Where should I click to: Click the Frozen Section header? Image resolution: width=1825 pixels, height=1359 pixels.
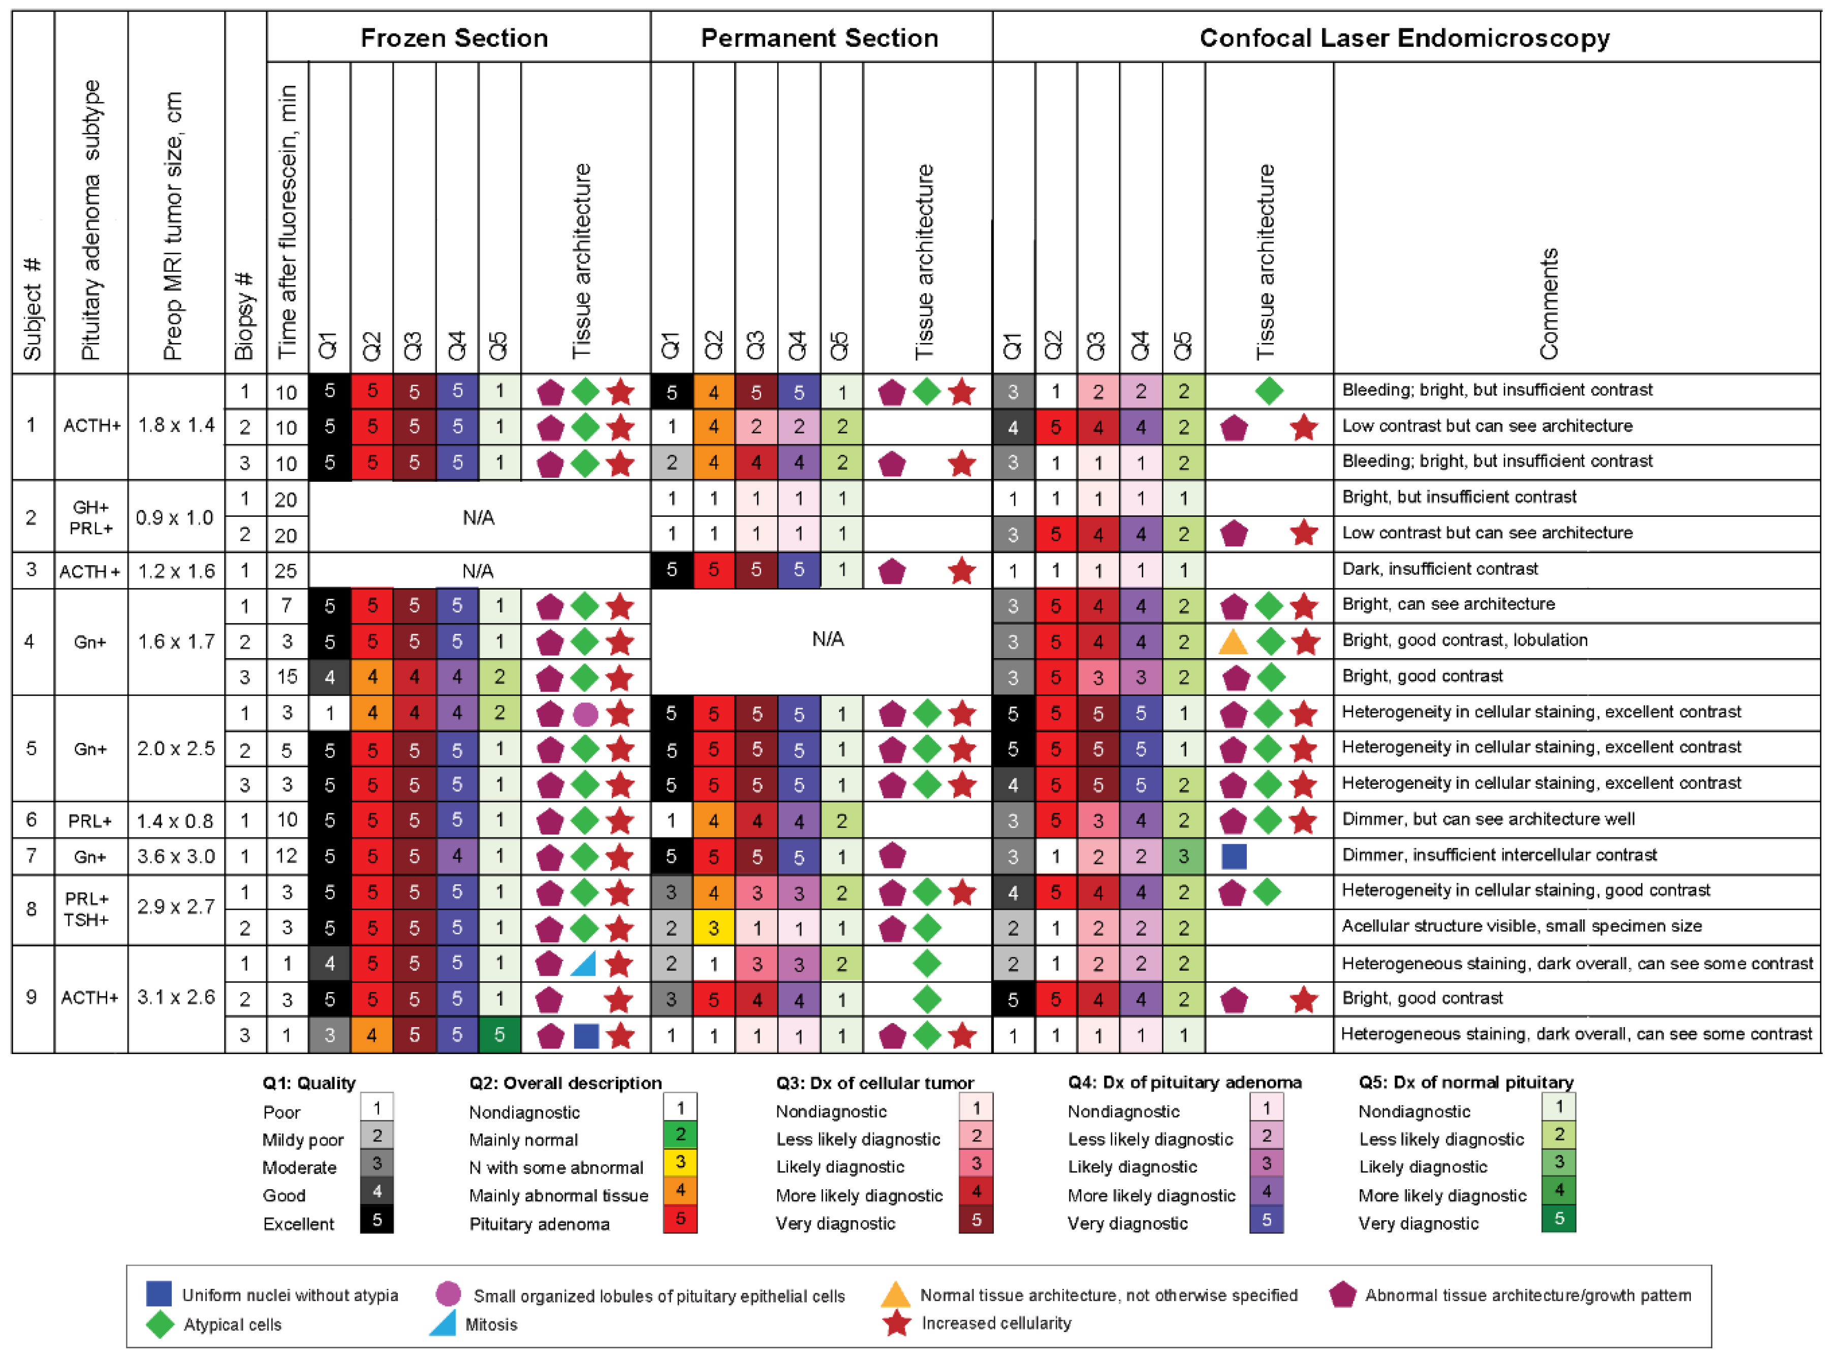point(454,38)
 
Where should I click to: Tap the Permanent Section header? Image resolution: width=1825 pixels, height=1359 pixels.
point(819,38)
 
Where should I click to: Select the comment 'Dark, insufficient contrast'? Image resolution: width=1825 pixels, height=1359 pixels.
point(1439,568)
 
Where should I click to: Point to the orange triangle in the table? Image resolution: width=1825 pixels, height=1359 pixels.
point(1233,642)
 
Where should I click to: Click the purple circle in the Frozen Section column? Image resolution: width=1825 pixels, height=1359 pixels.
point(585,714)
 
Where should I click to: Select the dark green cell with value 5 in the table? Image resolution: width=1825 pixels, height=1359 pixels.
point(499,1035)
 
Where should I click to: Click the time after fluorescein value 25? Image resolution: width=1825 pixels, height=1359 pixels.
point(286,570)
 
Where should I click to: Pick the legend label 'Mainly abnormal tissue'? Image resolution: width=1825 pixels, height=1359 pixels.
point(558,1195)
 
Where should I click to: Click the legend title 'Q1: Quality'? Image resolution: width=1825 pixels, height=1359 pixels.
point(309,1083)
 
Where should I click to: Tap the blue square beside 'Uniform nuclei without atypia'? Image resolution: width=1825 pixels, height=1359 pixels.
point(159,1293)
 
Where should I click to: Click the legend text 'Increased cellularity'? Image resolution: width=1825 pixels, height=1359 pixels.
point(996,1323)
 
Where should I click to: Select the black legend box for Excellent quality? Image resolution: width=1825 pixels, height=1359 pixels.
point(376,1219)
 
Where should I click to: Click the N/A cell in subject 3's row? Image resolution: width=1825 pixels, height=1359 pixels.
point(478,571)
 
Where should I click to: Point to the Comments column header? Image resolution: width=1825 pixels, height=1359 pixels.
point(1549,303)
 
